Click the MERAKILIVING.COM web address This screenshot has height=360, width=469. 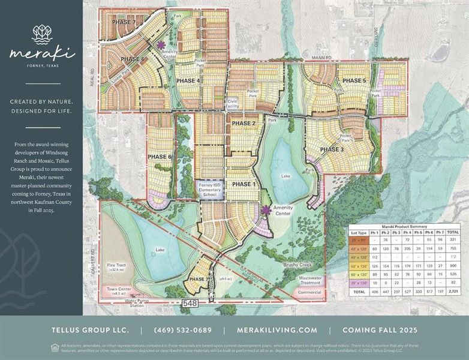tap(276, 330)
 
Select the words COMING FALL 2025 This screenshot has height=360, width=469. tap(380, 330)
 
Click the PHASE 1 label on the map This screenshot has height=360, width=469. tap(243, 184)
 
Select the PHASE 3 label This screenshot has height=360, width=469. tap(332, 149)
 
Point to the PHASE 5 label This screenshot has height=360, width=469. tap(354, 81)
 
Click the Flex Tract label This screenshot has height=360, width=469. tap(116, 267)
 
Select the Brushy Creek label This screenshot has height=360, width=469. tap(296, 264)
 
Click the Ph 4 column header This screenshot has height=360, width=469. tap(406, 232)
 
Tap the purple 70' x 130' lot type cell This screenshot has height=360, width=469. tap(358, 281)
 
